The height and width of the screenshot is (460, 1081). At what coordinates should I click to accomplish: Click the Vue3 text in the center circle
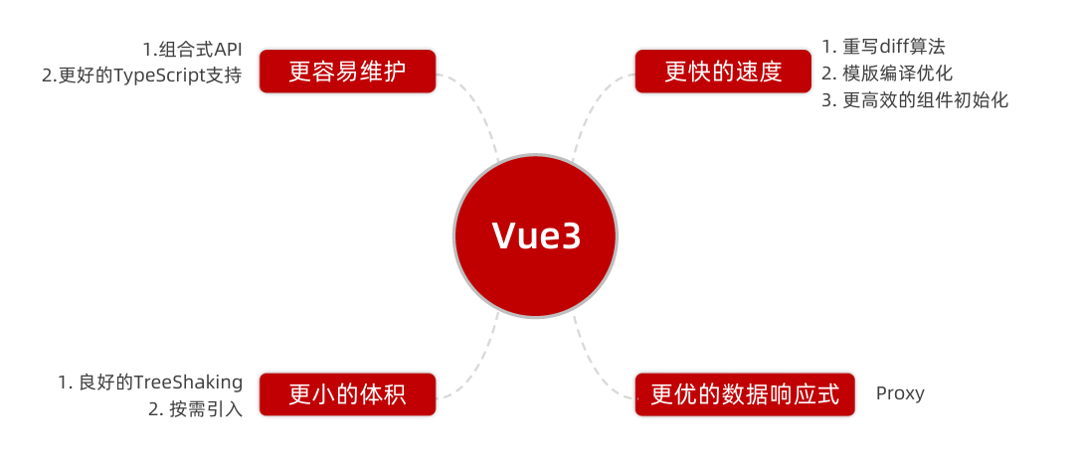point(535,236)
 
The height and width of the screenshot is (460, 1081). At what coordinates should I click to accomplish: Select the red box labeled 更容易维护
point(347,72)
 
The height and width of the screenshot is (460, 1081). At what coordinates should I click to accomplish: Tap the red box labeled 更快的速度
point(723,72)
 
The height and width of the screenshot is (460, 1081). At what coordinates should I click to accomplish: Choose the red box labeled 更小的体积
point(347,394)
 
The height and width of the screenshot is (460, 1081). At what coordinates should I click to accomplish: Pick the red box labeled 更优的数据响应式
point(745,394)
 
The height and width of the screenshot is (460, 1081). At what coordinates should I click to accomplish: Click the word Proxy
point(900,393)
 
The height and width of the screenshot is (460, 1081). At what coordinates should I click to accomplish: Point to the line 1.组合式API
point(192,50)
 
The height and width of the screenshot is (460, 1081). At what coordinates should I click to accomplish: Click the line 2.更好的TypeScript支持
point(142,76)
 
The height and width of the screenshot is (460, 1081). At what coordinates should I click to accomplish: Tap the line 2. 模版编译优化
point(887,74)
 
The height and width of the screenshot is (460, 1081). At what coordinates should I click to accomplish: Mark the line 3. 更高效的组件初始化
point(915,100)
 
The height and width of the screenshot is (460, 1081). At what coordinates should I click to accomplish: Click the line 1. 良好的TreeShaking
point(150,383)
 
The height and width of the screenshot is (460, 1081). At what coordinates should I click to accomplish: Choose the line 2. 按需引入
point(195,408)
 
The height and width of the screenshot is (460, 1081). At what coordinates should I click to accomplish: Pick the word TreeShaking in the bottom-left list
point(188,383)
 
